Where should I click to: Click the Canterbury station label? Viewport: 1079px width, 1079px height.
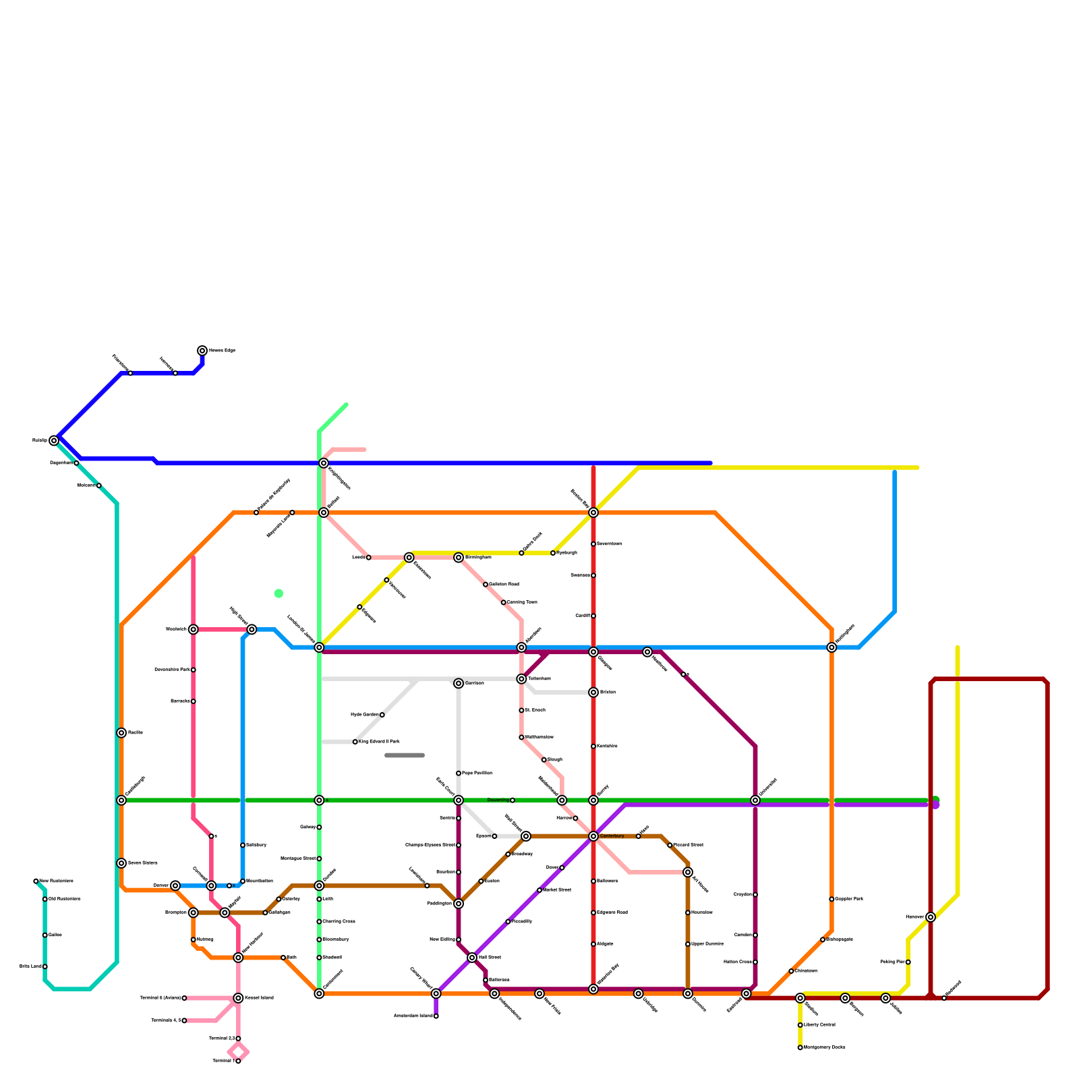tap(612, 836)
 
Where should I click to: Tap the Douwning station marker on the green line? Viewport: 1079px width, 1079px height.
tap(513, 800)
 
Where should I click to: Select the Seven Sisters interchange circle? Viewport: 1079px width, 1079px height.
tap(121, 863)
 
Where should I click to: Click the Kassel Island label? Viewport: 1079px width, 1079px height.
tap(259, 998)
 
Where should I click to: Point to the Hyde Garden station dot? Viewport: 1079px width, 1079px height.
tap(382, 715)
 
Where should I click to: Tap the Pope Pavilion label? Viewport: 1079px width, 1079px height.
tap(477, 774)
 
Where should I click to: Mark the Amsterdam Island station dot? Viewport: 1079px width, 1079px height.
tap(436, 1016)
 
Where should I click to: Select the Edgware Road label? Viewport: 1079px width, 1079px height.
tap(612, 912)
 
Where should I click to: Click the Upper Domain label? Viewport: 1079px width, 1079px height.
tap(707, 944)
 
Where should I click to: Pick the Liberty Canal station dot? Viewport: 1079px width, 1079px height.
tap(800, 1025)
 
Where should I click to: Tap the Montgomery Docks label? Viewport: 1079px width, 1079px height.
tap(825, 1047)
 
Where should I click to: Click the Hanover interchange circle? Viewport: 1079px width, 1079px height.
tap(931, 917)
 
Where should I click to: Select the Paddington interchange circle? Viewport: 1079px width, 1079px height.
tap(459, 904)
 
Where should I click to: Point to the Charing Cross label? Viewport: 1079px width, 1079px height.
tap(339, 922)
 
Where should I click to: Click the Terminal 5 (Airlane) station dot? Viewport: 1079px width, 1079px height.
tap(184, 998)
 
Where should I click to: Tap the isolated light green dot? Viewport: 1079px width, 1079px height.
tap(279, 593)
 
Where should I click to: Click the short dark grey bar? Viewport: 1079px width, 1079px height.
tap(405, 755)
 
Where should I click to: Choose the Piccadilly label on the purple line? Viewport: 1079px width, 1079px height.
tap(522, 921)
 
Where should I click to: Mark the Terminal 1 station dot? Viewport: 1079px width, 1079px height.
tap(238, 1061)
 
